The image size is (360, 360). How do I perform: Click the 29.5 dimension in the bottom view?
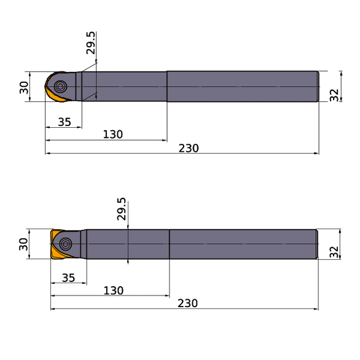tap(122, 209)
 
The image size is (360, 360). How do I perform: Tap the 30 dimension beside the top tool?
tap(24, 87)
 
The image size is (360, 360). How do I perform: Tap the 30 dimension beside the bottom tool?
tap(24, 245)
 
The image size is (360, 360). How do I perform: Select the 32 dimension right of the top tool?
tap(334, 94)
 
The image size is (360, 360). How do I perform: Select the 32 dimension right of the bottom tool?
tap(334, 251)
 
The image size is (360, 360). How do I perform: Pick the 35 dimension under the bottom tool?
tap(68, 278)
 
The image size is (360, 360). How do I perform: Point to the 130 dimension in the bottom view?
tap(113, 291)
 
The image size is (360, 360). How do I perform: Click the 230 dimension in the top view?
tap(189, 148)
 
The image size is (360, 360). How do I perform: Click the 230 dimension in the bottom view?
tap(187, 303)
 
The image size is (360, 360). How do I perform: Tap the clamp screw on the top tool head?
tap(60, 86)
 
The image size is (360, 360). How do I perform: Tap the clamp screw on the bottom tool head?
tap(66, 244)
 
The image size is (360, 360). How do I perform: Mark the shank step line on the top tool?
tap(166, 86)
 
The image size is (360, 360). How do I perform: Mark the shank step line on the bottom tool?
tap(170, 244)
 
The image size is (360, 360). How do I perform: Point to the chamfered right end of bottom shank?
tap(316, 244)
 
